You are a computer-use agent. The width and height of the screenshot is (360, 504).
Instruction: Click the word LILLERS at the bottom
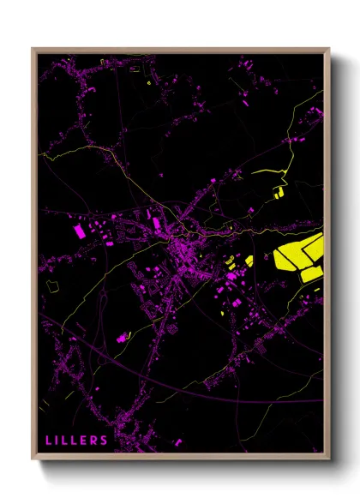click(x=76, y=441)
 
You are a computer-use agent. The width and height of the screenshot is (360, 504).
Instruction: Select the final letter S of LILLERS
click(x=104, y=441)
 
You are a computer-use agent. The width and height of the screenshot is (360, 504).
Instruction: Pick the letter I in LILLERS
click(x=57, y=441)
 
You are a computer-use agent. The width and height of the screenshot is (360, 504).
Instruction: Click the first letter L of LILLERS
click(x=49, y=441)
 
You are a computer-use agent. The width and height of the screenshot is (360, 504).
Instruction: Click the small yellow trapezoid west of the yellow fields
click(x=249, y=261)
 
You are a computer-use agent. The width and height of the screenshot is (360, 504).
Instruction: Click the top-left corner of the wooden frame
click(x=33, y=49)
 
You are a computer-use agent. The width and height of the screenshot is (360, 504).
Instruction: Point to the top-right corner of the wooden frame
click(x=330, y=49)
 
